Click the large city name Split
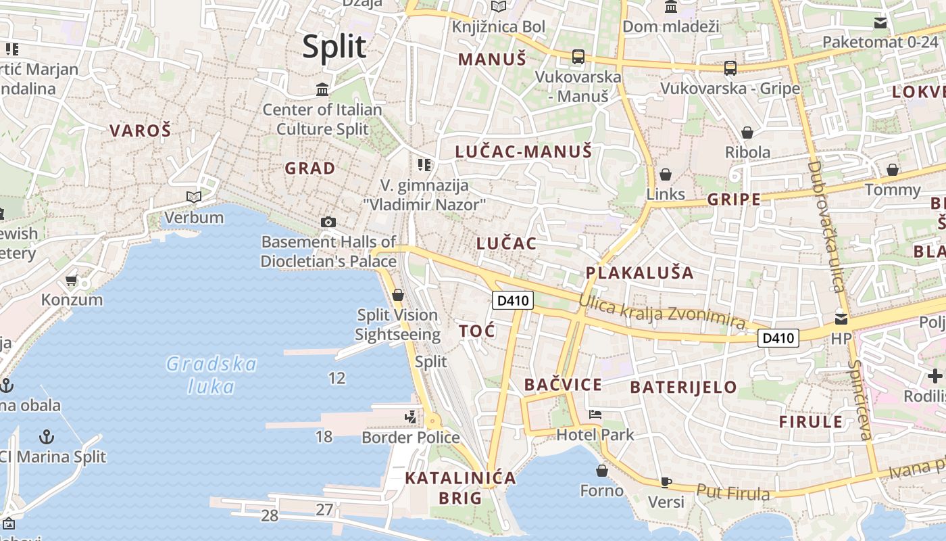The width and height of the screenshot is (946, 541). click(334, 47)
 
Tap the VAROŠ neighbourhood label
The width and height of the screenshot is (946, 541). click(141, 131)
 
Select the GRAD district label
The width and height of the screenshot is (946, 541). click(309, 168)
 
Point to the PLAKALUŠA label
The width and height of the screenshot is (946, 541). click(639, 273)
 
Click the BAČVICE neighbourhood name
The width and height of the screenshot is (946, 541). click(563, 385)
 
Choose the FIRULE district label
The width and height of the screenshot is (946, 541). click(811, 422)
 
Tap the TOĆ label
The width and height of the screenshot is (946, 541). click(477, 331)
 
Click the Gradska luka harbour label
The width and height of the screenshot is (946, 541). click(211, 375)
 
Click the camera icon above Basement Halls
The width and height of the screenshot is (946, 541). click(328, 222)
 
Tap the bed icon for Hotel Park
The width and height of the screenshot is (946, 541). click(595, 415)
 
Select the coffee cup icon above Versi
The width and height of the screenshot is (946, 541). click(666, 482)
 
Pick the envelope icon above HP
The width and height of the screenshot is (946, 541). click(841, 319)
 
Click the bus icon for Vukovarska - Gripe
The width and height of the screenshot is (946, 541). click(730, 68)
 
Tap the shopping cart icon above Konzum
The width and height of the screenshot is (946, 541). click(72, 280)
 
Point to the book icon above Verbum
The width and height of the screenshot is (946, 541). click(194, 197)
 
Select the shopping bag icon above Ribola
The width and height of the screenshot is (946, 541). click(747, 133)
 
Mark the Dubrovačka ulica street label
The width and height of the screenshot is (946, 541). click(827, 227)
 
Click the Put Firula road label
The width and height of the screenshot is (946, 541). click(732, 492)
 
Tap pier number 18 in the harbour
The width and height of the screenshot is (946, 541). click(324, 436)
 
